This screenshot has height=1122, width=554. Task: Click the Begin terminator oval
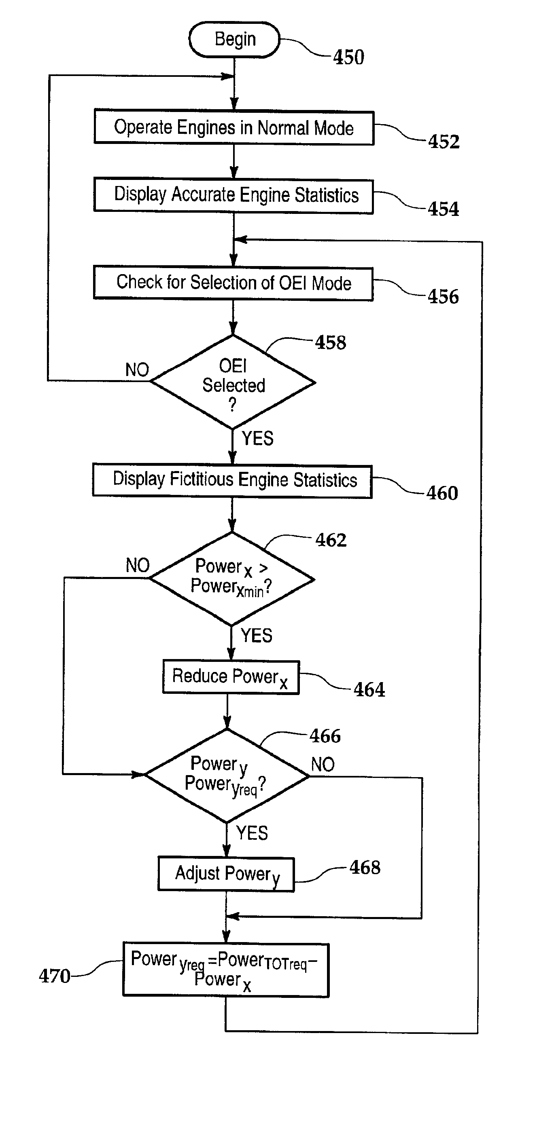[234, 40]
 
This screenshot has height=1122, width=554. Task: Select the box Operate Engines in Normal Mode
[234, 128]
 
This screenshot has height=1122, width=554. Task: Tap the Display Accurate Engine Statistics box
[233, 195]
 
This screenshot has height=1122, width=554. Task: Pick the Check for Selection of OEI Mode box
[233, 283]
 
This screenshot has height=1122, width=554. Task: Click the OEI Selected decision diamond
[233, 382]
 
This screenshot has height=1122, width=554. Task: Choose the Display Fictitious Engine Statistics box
[232, 480]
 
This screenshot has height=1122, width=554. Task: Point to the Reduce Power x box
[231, 677]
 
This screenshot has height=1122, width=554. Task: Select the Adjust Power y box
[226, 875]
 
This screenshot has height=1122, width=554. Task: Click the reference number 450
[349, 57]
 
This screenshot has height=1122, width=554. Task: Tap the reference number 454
[443, 209]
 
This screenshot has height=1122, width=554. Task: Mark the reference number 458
[331, 342]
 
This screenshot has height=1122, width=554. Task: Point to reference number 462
[331, 540]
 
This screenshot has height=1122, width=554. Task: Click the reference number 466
[325, 736]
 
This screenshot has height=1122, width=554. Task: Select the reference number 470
[55, 976]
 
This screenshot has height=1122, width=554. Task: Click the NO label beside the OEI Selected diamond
[137, 370]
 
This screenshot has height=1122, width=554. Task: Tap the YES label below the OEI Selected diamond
[258, 438]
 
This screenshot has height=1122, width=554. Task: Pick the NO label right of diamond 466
[323, 765]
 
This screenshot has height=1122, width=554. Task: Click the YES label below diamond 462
[257, 636]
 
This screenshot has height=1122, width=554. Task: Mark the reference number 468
[365, 867]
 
